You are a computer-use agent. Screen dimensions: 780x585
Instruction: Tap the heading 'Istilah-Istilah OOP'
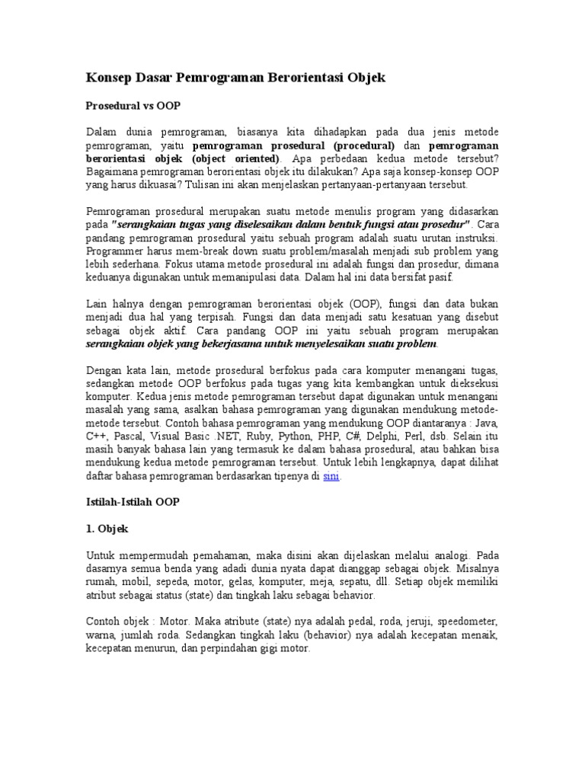pos(133,503)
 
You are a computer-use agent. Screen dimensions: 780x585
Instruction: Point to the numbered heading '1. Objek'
pos(107,528)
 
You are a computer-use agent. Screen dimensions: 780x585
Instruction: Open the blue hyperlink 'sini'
pos(331,476)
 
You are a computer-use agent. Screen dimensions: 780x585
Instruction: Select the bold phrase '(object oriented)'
pos(238,159)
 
